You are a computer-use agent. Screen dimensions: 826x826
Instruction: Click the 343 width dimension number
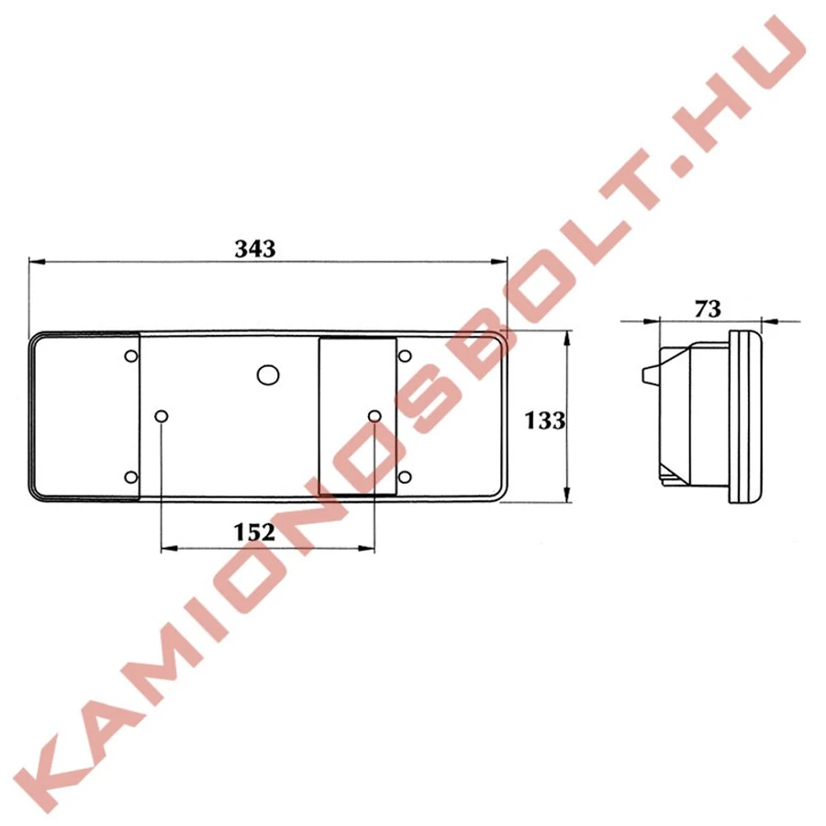(255, 249)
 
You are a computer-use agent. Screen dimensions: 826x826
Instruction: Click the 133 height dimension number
(544, 420)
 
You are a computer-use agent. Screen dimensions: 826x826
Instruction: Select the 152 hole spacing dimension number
(254, 532)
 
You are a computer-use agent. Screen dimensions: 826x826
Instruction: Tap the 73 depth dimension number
(707, 309)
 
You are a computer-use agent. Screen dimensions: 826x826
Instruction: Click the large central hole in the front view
(268, 374)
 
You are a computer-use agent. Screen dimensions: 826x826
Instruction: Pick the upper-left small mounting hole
(131, 356)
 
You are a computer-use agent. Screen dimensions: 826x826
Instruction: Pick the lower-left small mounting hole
(131, 477)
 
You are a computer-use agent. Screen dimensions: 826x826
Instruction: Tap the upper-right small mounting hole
(405, 356)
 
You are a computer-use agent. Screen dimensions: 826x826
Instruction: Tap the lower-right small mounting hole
(405, 477)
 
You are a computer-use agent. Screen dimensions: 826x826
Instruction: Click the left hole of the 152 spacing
(162, 417)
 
